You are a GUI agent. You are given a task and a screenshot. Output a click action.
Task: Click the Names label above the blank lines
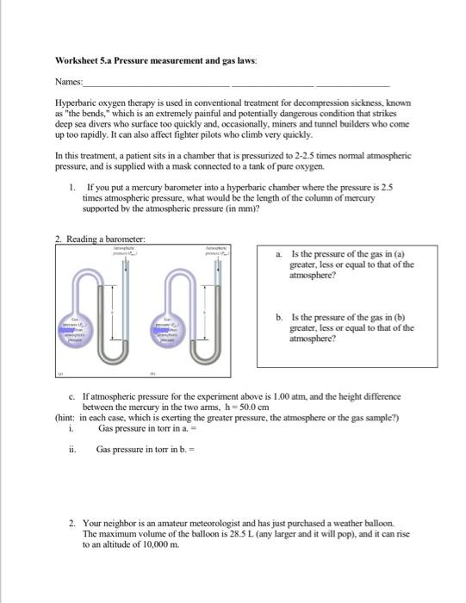(68, 83)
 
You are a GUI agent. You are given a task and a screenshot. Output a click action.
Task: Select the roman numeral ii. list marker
(72, 448)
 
